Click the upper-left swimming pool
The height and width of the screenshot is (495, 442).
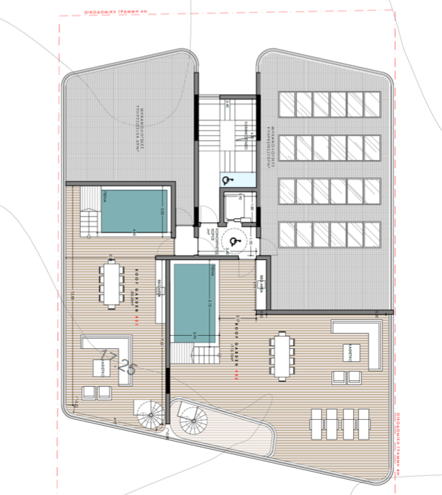pyautogui.click(x=133, y=211)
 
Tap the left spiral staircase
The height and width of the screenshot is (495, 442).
pyautogui.click(x=150, y=417)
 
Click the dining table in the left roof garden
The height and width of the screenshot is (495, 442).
pyautogui.click(x=112, y=283)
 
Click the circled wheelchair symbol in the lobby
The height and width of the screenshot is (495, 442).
pyautogui.click(x=234, y=238)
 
